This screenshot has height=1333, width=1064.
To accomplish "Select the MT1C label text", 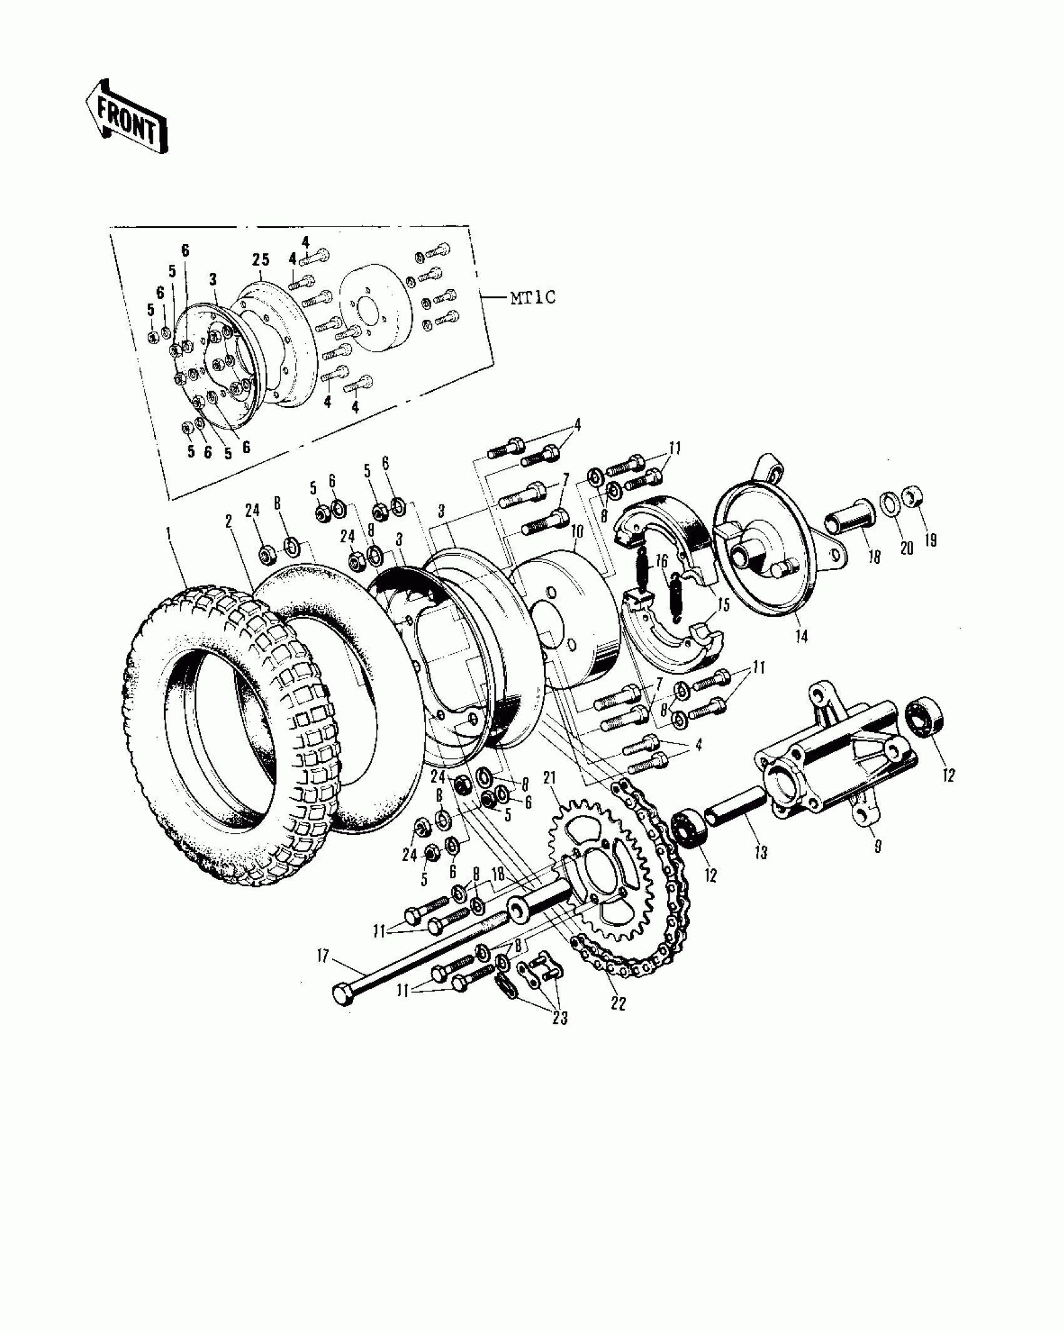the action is [x=533, y=297].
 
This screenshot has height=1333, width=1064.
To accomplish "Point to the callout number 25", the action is [x=260, y=258].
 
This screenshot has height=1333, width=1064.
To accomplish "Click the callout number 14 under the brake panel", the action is [x=802, y=637].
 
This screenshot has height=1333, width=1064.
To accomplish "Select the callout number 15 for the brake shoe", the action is [x=724, y=606].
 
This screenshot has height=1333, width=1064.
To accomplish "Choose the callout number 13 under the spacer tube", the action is [x=761, y=853].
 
